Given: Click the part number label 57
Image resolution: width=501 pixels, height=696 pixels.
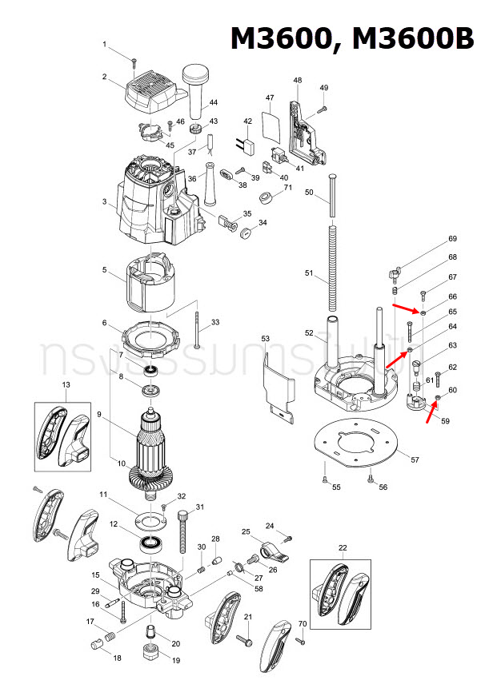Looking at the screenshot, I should click(x=415, y=459).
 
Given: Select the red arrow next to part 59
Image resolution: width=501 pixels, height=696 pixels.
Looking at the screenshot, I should click(x=431, y=412).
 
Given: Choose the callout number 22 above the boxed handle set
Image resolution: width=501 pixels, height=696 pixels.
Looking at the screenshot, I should click(x=343, y=547).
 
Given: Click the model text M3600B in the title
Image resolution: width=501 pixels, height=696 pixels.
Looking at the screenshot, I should click(x=414, y=38).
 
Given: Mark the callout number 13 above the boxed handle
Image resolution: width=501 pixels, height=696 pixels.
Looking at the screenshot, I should click(x=66, y=385).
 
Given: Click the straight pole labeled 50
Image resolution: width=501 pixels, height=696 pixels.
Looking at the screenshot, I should click(x=330, y=196).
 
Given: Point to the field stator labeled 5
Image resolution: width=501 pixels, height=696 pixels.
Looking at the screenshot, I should click(x=150, y=283).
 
